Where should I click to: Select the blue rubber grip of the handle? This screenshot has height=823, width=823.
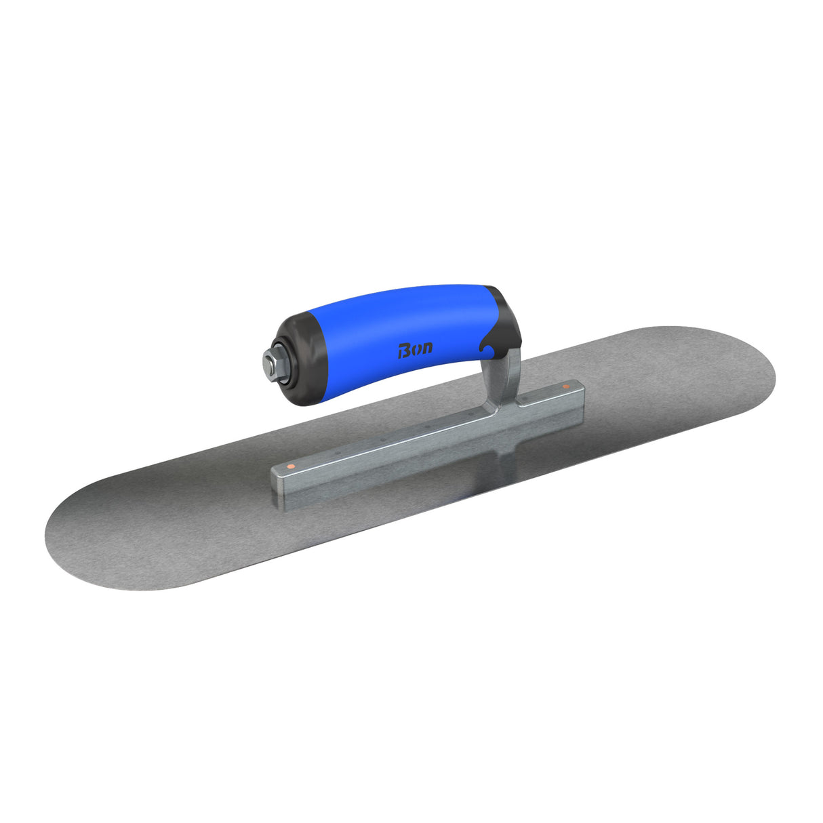click(393, 325)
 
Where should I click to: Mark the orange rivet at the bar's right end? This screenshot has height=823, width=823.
click(566, 387)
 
